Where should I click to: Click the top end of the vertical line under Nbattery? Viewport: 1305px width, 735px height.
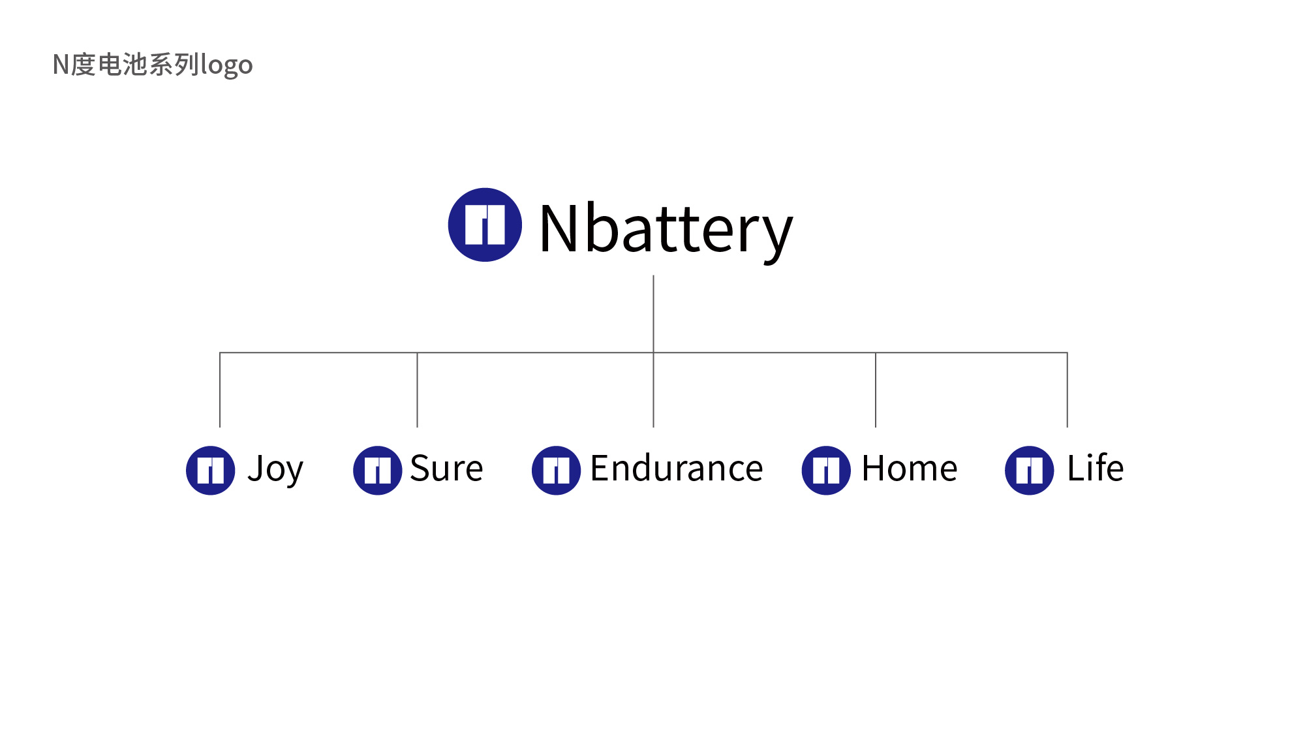[653, 275]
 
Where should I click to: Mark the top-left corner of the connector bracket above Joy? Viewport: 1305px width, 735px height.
[220, 352]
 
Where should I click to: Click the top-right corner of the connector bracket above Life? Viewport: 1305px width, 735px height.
[1067, 352]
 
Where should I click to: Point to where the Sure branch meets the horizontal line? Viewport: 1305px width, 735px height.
[417, 352]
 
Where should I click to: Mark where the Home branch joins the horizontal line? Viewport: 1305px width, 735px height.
[876, 352]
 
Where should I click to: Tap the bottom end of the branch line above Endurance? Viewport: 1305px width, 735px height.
[653, 428]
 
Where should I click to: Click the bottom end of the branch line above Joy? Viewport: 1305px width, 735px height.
[220, 428]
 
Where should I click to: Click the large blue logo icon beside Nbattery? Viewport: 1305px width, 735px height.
[485, 225]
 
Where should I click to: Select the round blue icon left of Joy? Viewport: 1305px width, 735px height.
[211, 471]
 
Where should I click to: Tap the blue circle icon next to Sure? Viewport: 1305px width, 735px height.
[378, 471]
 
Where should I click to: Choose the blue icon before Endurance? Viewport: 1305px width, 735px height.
[557, 471]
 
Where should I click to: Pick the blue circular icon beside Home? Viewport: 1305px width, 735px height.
[826, 471]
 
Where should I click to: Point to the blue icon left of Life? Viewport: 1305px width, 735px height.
[1030, 471]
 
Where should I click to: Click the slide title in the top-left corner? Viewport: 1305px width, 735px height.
[153, 65]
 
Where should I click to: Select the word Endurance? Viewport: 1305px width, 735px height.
[677, 468]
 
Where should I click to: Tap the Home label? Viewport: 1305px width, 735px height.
[910, 468]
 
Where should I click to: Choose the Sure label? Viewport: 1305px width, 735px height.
[447, 468]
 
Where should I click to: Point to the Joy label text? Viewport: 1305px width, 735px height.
[275, 470]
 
